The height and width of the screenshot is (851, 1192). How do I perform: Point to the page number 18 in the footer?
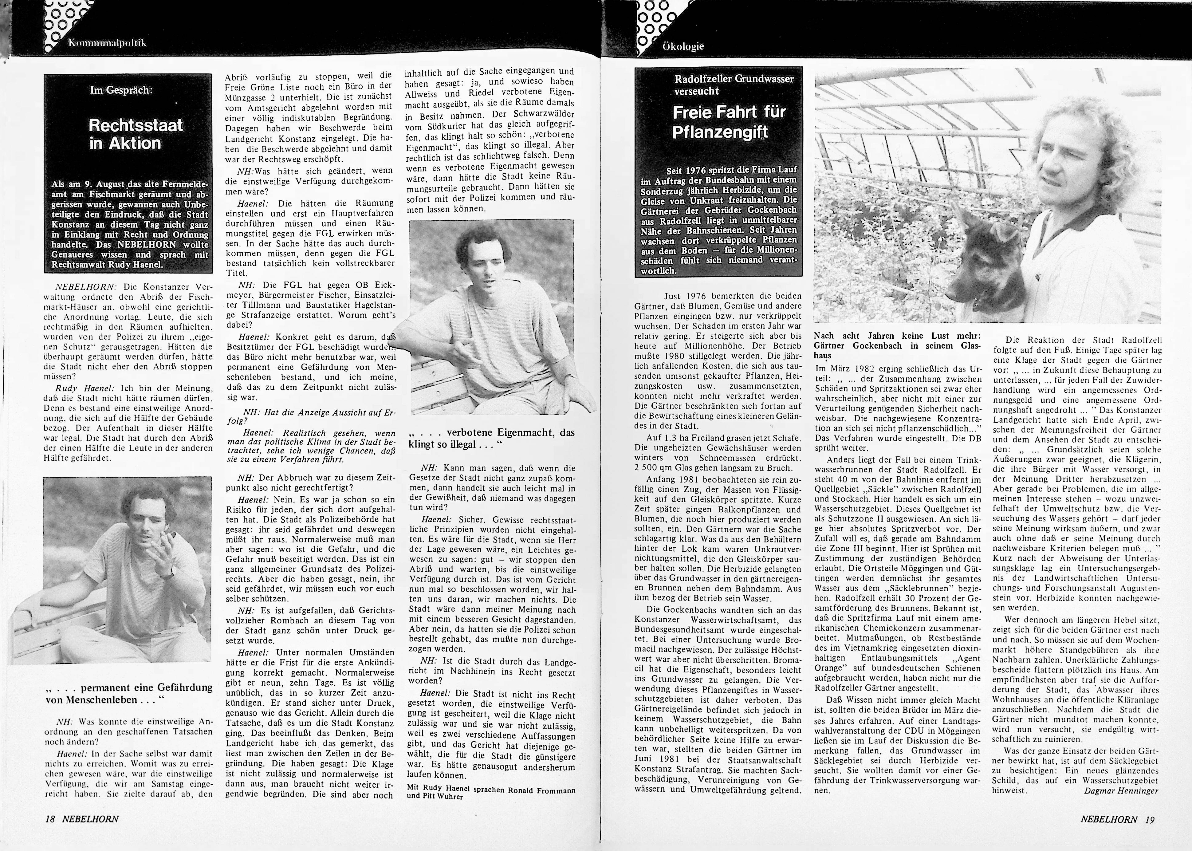[x=50, y=818]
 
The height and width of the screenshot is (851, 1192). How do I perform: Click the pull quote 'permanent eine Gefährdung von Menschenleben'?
[x=128, y=694]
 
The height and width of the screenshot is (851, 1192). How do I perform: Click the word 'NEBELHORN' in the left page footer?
[x=90, y=818]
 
